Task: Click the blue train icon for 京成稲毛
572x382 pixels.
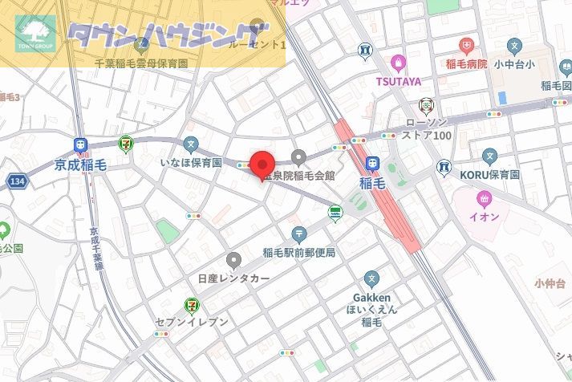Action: point(81,145)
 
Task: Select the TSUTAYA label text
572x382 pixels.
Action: point(398,80)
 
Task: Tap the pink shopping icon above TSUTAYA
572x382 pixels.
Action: point(397,63)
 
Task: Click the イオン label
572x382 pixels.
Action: point(484,217)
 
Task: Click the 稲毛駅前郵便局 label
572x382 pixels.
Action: point(299,253)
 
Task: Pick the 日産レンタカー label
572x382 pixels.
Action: point(233,278)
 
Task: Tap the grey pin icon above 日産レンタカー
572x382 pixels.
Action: point(233,260)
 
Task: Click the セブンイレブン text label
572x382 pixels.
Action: point(193,322)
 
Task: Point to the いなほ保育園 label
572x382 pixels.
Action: point(191,163)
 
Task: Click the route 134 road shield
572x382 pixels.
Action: point(17,182)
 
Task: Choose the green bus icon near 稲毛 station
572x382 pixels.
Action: point(335,213)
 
